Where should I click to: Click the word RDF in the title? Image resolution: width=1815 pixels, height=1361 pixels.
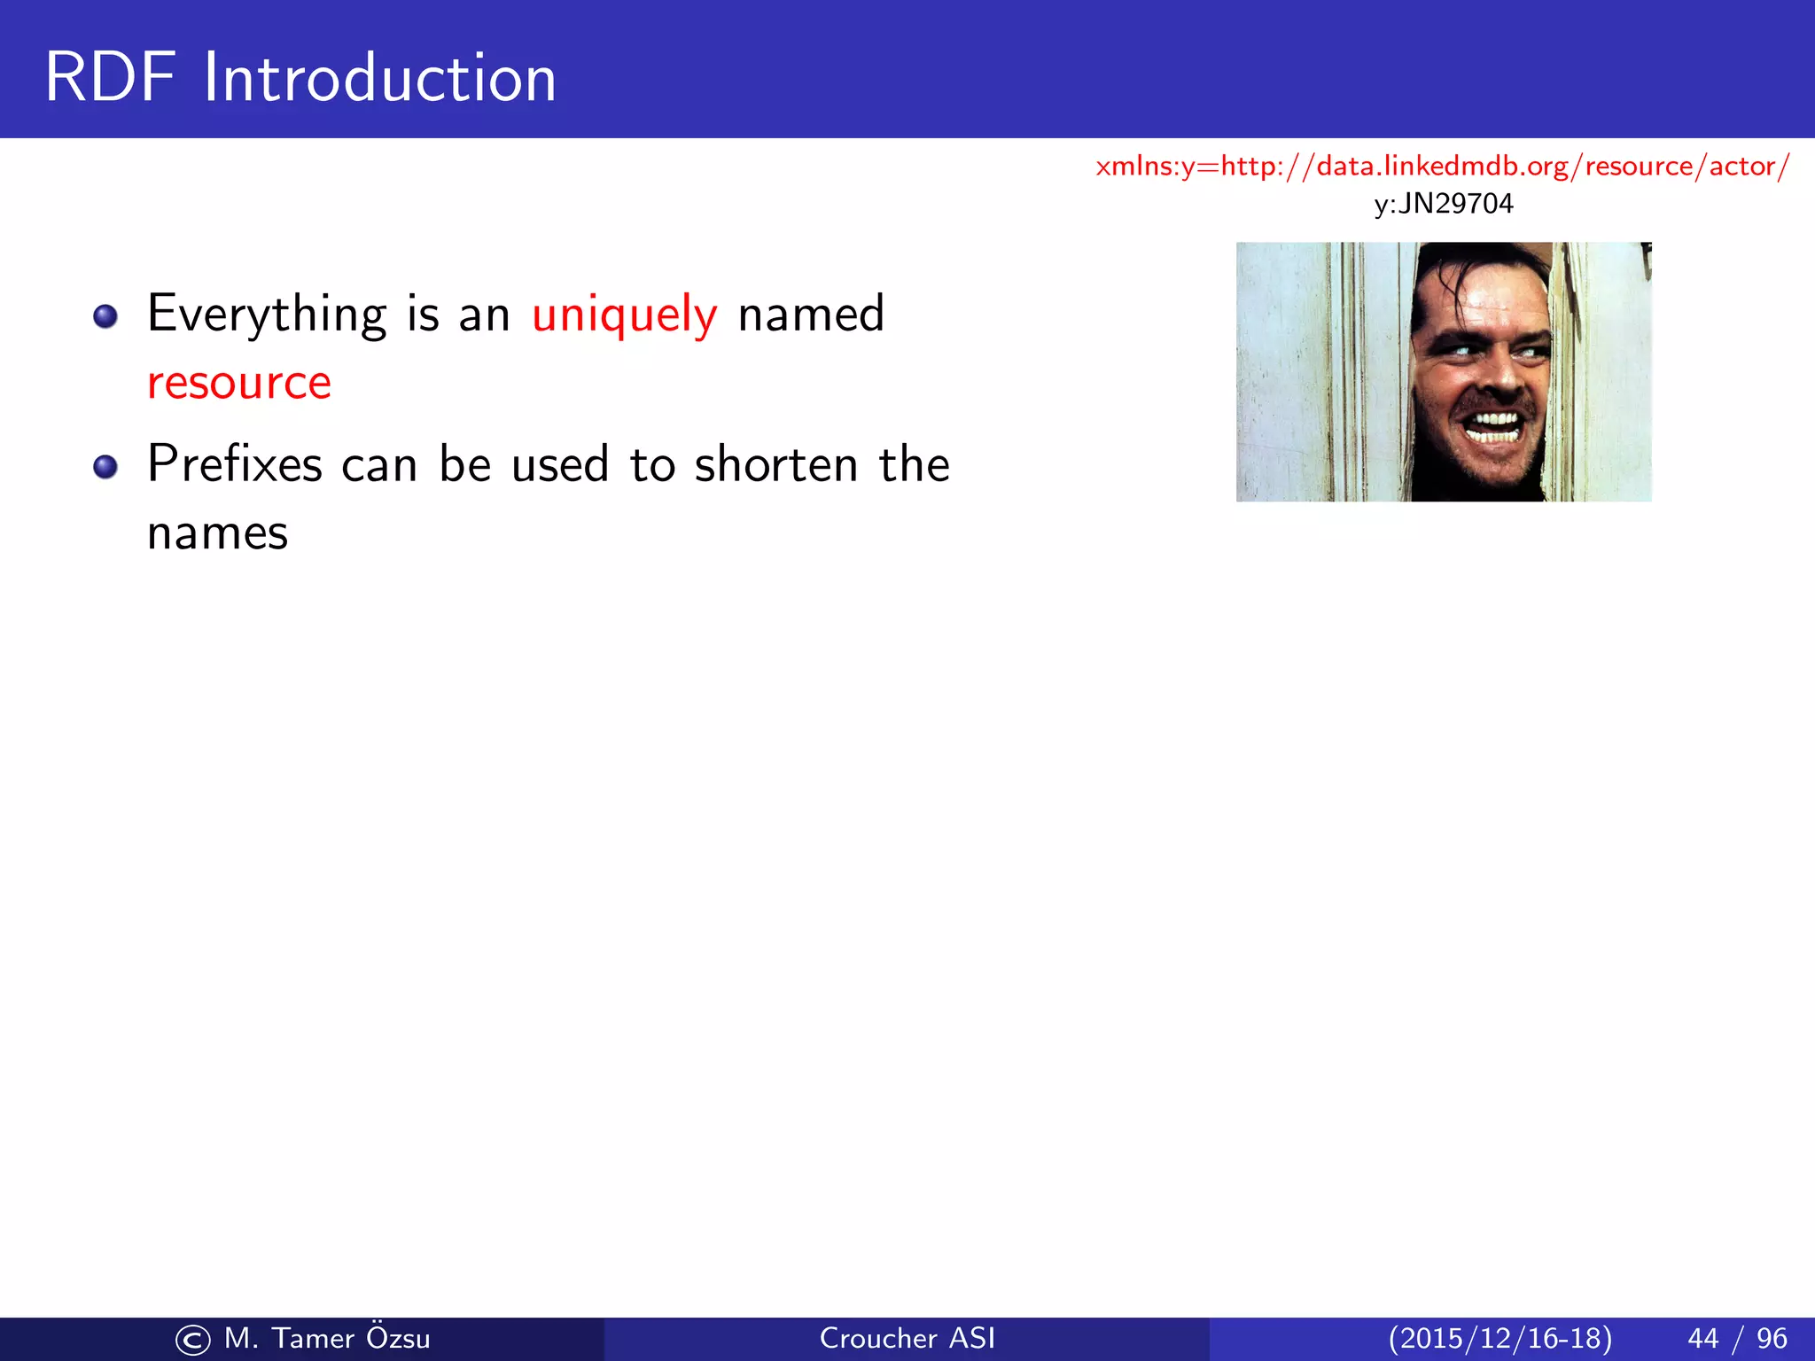click(x=111, y=78)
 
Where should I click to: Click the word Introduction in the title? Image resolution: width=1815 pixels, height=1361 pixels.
click(x=379, y=78)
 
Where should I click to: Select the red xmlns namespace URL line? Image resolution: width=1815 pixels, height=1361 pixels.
click(x=1443, y=166)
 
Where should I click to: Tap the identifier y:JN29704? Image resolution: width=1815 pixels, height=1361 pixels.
click(x=1443, y=204)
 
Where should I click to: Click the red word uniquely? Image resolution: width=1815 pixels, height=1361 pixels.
click(x=624, y=315)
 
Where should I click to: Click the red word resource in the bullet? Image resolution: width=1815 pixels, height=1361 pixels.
click(x=239, y=383)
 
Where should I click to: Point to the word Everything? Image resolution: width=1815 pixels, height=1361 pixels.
click(x=267, y=315)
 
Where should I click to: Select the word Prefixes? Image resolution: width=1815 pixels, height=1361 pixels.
click(x=235, y=463)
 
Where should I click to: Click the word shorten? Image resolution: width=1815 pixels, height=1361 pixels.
click(x=776, y=463)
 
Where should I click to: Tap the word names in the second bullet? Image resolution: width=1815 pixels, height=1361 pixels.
click(x=217, y=533)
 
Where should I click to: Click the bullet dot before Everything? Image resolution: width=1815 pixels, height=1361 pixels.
click(x=105, y=316)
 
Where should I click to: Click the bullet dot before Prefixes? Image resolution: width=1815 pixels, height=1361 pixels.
click(x=105, y=467)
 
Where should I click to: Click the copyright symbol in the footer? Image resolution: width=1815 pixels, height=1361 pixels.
click(x=193, y=1340)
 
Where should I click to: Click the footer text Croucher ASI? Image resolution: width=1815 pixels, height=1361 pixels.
click(x=907, y=1338)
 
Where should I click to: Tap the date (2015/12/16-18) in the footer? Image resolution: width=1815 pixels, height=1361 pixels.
click(x=1500, y=1338)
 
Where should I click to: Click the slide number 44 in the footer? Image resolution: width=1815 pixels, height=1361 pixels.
click(x=1702, y=1338)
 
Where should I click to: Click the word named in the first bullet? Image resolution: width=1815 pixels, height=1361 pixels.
click(x=811, y=315)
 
